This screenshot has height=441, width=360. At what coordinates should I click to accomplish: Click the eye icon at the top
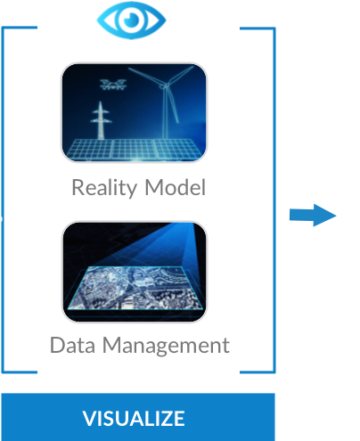(131, 20)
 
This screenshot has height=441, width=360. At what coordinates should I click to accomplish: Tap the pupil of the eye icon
(131, 20)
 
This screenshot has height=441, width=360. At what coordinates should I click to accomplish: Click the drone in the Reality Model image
(113, 85)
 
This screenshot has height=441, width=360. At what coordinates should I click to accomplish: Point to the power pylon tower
(101, 120)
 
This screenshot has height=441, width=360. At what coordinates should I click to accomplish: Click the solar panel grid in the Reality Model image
(135, 150)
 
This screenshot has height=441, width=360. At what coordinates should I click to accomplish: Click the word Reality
(104, 188)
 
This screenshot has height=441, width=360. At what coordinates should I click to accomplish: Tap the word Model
(176, 187)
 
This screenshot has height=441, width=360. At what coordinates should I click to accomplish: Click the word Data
(72, 345)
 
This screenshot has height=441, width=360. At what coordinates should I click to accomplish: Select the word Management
(166, 346)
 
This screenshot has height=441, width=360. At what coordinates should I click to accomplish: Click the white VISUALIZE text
(134, 419)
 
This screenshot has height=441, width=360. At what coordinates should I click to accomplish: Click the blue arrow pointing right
(313, 215)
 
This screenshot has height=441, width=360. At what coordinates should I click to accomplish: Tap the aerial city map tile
(135, 288)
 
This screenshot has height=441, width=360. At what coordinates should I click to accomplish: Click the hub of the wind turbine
(164, 86)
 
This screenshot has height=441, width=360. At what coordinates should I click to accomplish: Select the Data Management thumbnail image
(135, 272)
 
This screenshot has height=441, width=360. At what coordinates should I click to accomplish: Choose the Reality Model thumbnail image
(134, 112)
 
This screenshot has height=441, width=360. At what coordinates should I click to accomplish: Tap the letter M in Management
(112, 345)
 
